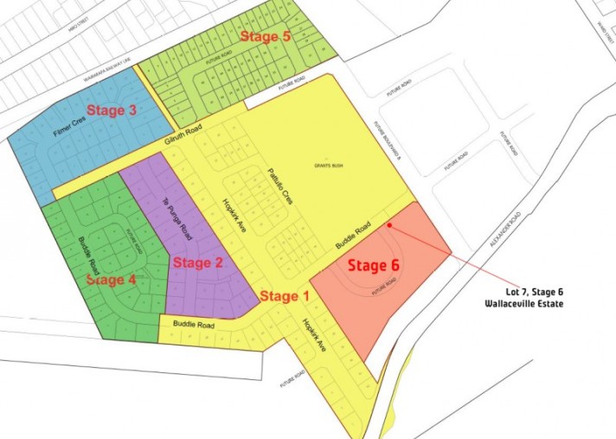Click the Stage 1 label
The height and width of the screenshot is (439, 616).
(x=284, y=296)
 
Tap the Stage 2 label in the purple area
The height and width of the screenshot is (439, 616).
(x=198, y=262)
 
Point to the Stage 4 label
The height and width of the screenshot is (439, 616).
(x=111, y=281)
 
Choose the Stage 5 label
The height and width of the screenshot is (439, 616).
(x=265, y=36)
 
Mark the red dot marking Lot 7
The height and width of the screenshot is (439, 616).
(x=390, y=224)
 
